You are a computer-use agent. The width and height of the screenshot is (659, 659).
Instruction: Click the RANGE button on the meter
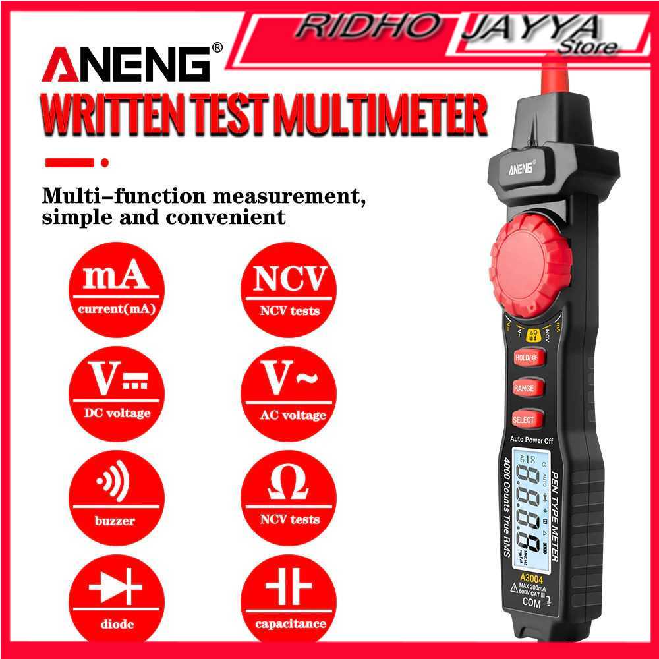(525, 388)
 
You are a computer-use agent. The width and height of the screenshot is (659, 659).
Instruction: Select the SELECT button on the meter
(525, 419)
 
